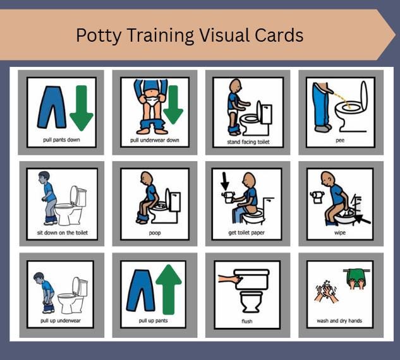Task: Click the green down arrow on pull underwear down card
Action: [x=173, y=105]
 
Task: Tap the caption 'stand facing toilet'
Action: [x=248, y=141]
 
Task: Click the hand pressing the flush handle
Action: [x=231, y=279]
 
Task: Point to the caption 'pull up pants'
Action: [x=153, y=320]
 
